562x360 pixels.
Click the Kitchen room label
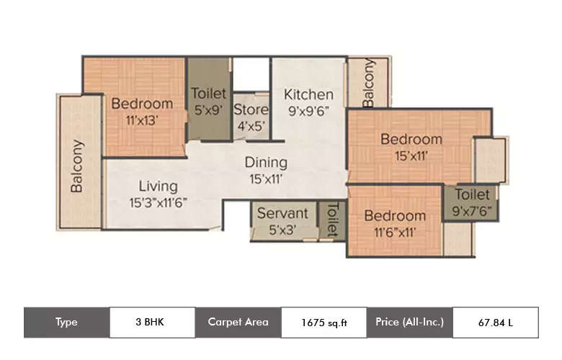[x=308, y=94]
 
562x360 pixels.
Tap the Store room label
[x=251, y=110]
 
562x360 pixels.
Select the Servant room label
[x=282, y=214]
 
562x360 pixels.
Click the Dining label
[x=265, y=162]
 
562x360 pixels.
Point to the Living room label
[x=158, y=186]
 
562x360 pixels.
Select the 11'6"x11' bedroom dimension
[x=393, y=232]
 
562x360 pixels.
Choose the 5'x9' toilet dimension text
[x=208, y=110]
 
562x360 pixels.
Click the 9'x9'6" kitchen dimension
[x=308, y=111]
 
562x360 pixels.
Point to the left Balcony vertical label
[x=76, y=166]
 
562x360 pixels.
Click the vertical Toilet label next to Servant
[x=332, y=219]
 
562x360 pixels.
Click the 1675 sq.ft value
[x=324, y=323]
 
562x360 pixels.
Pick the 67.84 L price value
[x=495, y=323]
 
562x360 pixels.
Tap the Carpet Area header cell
[x=238, y=322]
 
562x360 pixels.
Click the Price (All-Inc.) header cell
[x=409, y=322]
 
